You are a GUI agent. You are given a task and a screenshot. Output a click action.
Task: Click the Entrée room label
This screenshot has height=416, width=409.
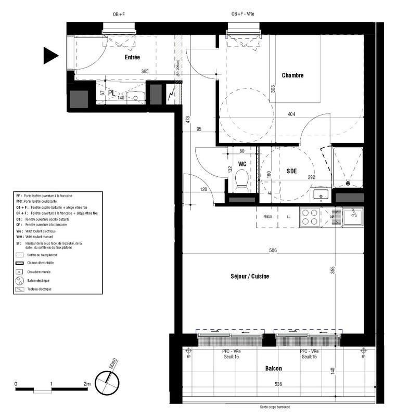(132, 57)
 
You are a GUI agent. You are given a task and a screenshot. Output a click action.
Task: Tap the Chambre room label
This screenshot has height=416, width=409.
(292, 75)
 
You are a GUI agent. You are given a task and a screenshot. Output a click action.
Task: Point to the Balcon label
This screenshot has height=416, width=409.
(273, 368)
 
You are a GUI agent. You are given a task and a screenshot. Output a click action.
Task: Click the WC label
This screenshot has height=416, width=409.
(242, 164)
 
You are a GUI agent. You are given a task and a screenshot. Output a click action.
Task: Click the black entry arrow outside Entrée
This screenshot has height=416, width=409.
(50, 55)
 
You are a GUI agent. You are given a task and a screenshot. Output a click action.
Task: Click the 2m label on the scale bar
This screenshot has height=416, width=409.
(86, 384)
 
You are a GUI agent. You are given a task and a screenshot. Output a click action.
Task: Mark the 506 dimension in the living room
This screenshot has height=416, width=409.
(273, 251)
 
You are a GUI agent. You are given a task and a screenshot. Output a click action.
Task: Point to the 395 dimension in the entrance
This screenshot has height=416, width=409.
(145, 72)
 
